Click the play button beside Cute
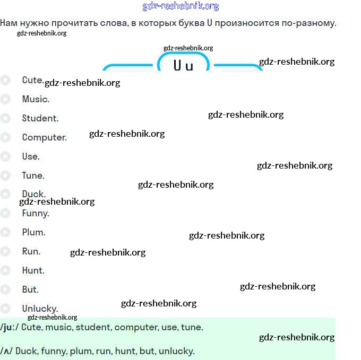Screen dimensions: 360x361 click(5, 81)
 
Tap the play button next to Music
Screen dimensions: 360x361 click(5, 99)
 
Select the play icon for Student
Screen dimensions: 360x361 click(5, 118)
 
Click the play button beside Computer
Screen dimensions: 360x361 click(5, 137)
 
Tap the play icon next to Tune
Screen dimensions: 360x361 click(5, 175)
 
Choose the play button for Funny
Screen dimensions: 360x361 click(5, 213)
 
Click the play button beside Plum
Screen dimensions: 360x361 click(5, 232)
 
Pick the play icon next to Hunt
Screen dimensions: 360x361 click(5, 270)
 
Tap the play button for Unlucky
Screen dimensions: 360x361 click(5, 309)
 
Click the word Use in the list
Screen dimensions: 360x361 click(30, 156)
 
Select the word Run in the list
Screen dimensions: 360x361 click(31, 251)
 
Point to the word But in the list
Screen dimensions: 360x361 click(30, 289)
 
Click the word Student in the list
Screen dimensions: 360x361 click(40, 118)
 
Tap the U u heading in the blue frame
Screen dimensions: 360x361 click(183, 66)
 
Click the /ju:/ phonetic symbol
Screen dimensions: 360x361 click(10, 327)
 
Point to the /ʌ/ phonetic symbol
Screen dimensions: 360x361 click(6, 350)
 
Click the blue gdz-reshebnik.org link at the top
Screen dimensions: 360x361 click(180, 6)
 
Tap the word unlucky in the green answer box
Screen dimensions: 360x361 click(176, 350)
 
